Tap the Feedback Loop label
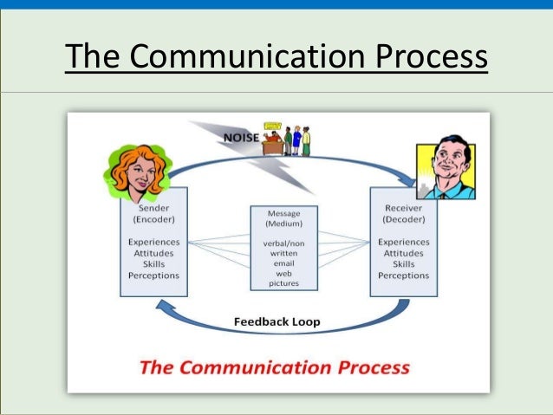(x=276, y=321)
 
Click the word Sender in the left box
(x=153, y=208)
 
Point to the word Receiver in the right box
(x=403, y=208)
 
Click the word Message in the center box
(x=283, y=212)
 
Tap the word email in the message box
(x=283, y=263)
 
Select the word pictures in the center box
(x=283, y=283)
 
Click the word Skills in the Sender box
(x=153, y=264)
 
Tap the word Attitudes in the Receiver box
(x=403, y=253)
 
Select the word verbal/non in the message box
(x=283, y=243)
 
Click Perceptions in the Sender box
(x=153, y=276)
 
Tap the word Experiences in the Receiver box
(x=403, y=242)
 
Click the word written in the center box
(x=283, y=254)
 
